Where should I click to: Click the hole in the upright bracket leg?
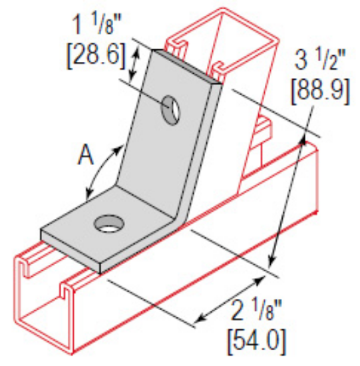[171, 108]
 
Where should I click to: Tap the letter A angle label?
[83, 156]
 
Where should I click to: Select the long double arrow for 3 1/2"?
[290, 200]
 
